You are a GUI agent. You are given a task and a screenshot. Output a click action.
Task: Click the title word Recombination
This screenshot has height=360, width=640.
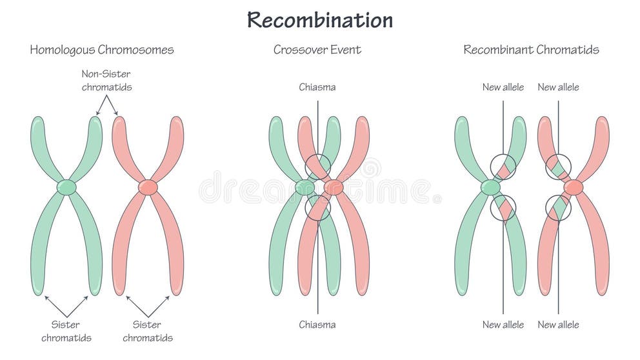[x=319, y=20]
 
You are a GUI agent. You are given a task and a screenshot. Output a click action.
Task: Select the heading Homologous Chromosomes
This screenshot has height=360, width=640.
[x=101, y=50]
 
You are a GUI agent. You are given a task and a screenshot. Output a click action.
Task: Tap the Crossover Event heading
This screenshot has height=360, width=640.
[x=317, y=50]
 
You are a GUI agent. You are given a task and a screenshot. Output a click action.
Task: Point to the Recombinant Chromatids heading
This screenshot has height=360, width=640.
[x=531, y=50]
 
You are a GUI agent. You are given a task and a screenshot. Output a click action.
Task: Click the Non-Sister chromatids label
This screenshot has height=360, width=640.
[x=106, y=80]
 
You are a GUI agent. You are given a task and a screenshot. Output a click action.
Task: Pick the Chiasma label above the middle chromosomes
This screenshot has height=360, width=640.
[x=317, y=87]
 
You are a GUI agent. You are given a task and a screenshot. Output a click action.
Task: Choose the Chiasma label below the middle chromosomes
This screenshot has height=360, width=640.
[x=317, y=325]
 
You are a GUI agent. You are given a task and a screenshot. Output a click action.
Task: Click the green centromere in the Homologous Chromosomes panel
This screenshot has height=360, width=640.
[x=66, y=187]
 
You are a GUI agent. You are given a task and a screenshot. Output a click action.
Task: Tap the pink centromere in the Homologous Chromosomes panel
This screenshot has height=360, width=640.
[x=148, y=187]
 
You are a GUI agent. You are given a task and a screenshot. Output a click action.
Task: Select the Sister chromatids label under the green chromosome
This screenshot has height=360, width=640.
[x=66, y=330]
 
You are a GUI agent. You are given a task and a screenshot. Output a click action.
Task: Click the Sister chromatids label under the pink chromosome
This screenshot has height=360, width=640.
[x=148, y=330]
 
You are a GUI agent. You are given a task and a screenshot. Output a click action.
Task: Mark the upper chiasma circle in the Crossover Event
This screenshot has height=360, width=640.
[x=317, y=167]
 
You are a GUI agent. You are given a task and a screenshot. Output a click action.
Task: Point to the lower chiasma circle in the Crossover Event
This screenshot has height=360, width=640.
[x=317, y=208]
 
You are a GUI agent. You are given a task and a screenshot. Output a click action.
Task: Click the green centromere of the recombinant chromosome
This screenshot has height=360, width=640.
[x=490, y=187]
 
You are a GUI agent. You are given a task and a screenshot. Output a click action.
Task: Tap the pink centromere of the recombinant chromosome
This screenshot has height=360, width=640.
[x=573, y=187]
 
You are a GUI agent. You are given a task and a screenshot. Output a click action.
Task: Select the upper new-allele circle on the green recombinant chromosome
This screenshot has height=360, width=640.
[x=503, y=167]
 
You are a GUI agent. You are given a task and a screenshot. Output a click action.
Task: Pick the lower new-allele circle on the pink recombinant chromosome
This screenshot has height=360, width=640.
[x=558, y=208]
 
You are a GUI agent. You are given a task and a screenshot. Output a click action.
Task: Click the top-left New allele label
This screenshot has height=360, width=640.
[x=503, y=87]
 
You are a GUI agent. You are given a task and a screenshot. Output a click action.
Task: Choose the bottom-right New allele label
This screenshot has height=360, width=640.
[x=558, y=325]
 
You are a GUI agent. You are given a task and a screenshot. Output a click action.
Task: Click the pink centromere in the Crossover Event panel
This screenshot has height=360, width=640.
[x=334, y=187]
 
